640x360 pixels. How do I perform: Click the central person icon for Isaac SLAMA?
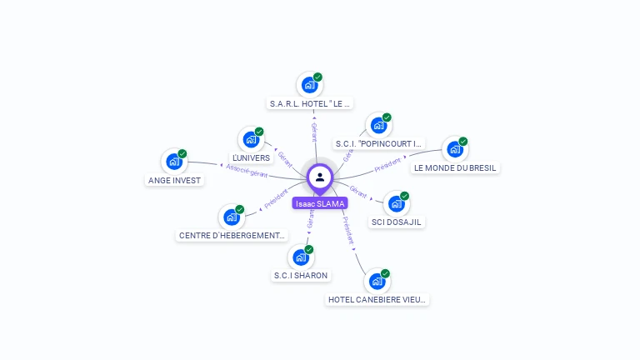pyautogui.click(x=320, y=177)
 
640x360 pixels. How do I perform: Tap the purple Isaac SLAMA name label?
pyautogui.click(x=320, y=203)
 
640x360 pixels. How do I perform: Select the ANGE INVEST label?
pyautogui.click(x=175, y=181)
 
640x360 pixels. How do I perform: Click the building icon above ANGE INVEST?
pyautogui.click(x=173, y=162)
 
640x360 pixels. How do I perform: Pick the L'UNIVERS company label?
pyautogui.click(x=252, y=158)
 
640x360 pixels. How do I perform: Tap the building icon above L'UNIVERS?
pyautogui.click(x=250, y=139)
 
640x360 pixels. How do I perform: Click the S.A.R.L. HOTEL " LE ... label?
pyautogui.click(x=311, y=104)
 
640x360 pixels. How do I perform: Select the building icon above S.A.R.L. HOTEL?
pyautogui.click(x=309, y=84)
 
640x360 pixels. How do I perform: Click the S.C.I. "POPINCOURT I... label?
pyautogui.click(x=379, y=144)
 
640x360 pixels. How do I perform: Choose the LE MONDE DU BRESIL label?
pyautogui.click(x=455, y=167)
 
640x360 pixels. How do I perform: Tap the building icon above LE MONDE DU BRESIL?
pyautogui.click(x=454, y=149)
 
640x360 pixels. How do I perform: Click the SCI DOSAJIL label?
pyautogui.click(x=397, y=222)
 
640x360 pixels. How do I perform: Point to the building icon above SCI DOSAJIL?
pyautogui.click(x=396, y=203)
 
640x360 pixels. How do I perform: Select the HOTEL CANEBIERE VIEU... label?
pyautogui.click(x=377, y=299)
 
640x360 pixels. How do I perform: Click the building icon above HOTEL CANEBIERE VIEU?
pyautogui.click(x=377, y=281)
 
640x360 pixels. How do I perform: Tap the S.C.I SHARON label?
pyautogui.click(x=301, y=276)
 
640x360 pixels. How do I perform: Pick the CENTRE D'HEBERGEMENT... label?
pyautogui.click(x=232, y=236)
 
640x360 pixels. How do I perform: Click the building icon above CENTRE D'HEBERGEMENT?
pyautogui.click(x=231, y=217)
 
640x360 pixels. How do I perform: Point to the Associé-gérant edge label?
pyautogui.click(x=247, y=171)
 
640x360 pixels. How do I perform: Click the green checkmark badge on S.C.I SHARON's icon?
pyautogui.click(x=308, y=249)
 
